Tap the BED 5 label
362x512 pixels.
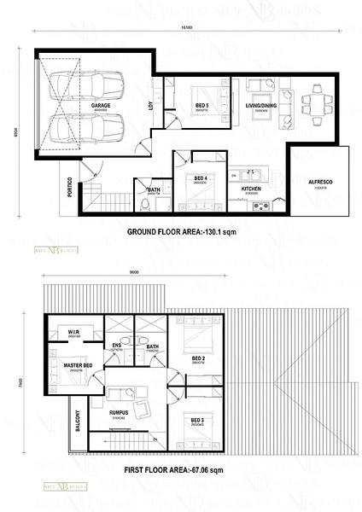(201, 106)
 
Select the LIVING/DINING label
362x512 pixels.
(260, 106)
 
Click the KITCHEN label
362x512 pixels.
(251, 188)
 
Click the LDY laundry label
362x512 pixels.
(151, 107)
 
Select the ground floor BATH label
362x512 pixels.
(155, 190)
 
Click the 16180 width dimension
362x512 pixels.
(186, 28)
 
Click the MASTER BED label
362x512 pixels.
(77, 366)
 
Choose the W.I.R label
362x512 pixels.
(73, 331)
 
